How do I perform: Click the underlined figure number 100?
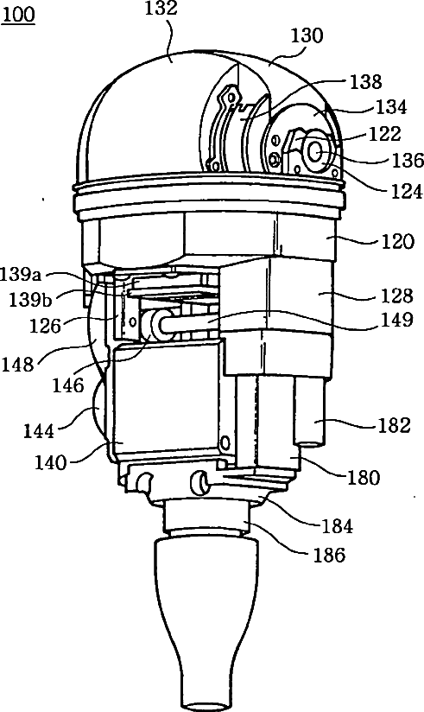[18, 15]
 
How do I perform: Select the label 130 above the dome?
[307, 36]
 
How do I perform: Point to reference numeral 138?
[366, 82]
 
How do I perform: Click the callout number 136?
[407, 161]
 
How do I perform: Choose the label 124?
[406, 191]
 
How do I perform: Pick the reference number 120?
[398, 241]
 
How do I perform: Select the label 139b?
[30, 300]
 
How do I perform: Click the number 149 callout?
[398, 320]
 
